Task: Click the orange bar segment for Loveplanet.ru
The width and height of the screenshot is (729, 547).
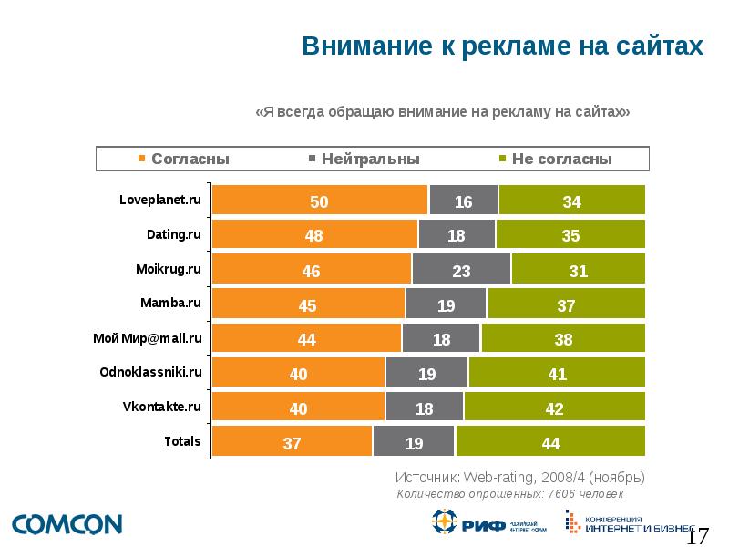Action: (320, 201)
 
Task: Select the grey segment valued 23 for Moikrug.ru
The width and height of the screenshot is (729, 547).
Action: (461, 270)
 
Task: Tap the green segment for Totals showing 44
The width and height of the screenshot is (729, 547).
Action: (550, 443)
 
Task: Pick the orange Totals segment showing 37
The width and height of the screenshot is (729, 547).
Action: (292, 443)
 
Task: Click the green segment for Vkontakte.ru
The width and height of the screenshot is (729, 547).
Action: (554, 408)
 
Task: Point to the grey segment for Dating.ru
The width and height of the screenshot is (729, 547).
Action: (457, 235)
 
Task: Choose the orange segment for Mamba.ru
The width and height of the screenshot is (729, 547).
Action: (308, 304)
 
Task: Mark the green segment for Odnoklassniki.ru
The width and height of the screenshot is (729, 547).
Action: (557, 374)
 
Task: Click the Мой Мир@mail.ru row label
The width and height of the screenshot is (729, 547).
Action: (147, 338)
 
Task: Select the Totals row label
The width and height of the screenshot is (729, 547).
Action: (182, 441)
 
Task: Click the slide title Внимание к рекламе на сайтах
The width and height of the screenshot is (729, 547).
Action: (503, 46)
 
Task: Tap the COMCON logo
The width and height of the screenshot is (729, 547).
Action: (67, 524)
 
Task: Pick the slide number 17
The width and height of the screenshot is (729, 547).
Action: (697, 535)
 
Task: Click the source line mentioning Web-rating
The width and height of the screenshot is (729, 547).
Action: (520, 477)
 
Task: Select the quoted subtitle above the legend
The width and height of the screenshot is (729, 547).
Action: (443, 111)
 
